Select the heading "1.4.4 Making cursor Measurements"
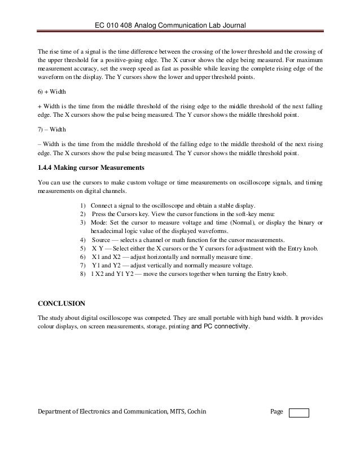(x=90, y=168)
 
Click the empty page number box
(x=298, y=412)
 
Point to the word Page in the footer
(x=276, y=412)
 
